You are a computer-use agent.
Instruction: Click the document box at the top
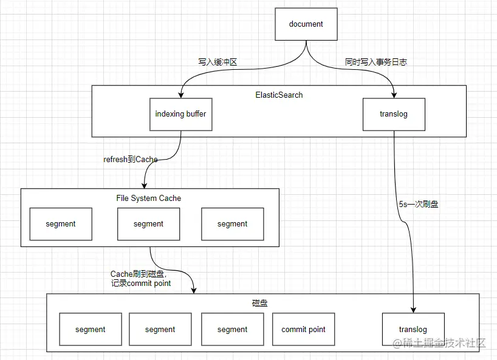coord(306,24)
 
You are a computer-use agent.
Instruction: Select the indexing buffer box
coord(180,114)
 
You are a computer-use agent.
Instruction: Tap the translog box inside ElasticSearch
coord(394,114)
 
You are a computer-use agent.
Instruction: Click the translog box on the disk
coord(413,330)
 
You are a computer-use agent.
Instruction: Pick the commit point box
coord(303,330)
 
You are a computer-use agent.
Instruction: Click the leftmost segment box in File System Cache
coord(61,224)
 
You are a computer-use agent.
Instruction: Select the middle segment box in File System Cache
coord(148,224)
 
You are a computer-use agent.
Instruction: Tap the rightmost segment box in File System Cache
coord(232,224)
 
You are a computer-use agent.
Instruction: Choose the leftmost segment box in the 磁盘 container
coord(91,330)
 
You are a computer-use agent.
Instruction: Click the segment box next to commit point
coord(232,330)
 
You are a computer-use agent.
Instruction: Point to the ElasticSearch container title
coord(279,95)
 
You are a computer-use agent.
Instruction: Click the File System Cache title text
coord(148,198)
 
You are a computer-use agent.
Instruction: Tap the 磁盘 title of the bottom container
coord(259,303)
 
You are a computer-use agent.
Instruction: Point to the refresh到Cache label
coord(131,160)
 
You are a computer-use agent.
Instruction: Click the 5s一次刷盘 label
coord(419,205)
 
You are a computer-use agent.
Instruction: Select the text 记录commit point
coord(141,284)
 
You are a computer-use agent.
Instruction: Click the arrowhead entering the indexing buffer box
coord(180,95)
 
